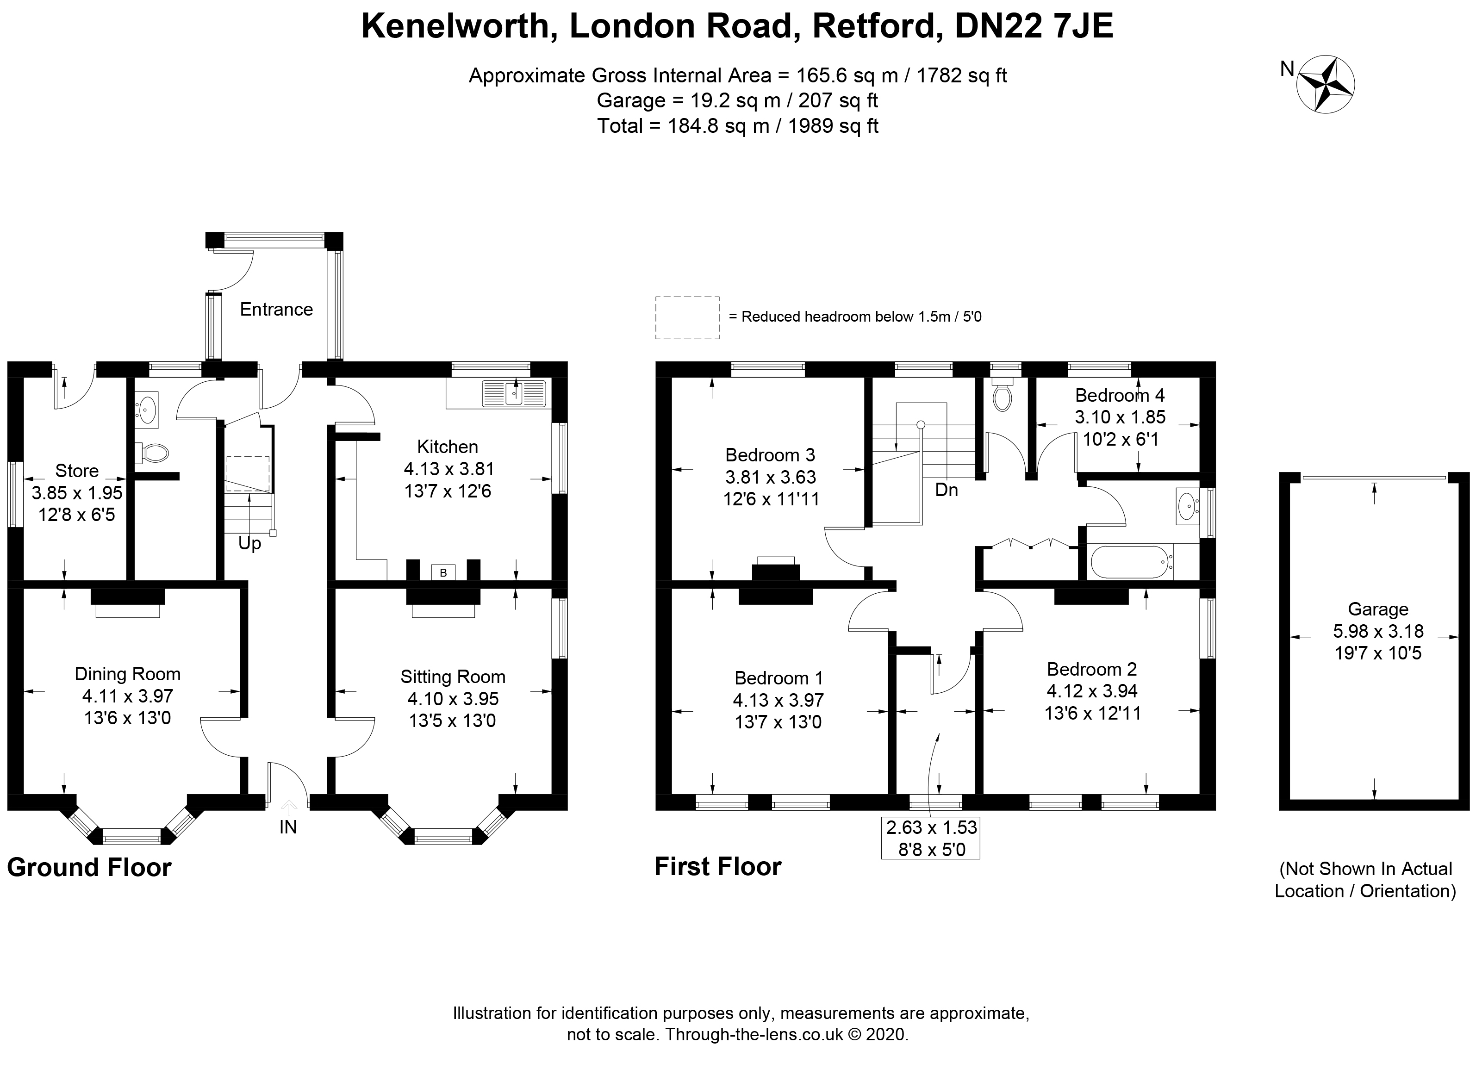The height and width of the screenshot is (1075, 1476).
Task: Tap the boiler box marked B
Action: (x=443, y=572)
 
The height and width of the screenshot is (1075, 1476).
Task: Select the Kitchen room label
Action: (x=447, y=447)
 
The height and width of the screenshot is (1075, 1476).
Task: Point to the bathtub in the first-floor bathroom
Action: (x=1131, y=562)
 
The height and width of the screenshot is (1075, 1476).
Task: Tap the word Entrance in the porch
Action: (x=276, y=309)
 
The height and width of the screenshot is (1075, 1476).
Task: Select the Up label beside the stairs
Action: (x=249, y=543)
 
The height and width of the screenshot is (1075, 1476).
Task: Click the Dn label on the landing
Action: (x=946, y=490)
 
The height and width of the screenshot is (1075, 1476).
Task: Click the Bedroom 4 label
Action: (x=1119, y=395)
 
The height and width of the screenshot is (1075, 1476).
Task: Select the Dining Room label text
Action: (x=128, y=674)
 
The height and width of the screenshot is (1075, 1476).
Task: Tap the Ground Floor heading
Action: (x=89, y=867)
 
